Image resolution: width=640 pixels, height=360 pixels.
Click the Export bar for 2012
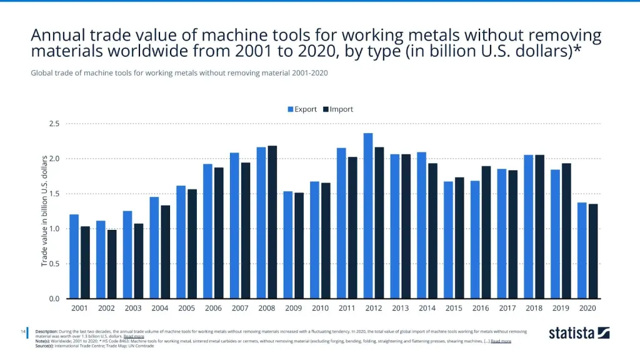click(x=368, y=216)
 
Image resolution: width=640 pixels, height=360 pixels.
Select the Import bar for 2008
click(x=272, y=222)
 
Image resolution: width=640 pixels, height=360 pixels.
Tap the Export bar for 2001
click(x=74, y=256)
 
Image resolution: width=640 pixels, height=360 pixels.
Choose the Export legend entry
click(x=302, y=109)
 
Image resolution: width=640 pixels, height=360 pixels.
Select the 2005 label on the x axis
click(x=186, y=308)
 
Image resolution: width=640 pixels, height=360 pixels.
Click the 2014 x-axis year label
click(x=427, y=308)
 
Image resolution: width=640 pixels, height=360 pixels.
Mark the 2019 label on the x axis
click(x=561, y=308)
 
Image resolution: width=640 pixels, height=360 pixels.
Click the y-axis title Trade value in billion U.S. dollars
click(x=45, y=211)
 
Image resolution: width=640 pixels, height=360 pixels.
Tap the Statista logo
click(x=579, y=333)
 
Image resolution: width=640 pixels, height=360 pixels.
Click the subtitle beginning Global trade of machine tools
click(x=179, y=72)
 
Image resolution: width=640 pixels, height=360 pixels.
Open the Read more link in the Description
click(x=134, y=336)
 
